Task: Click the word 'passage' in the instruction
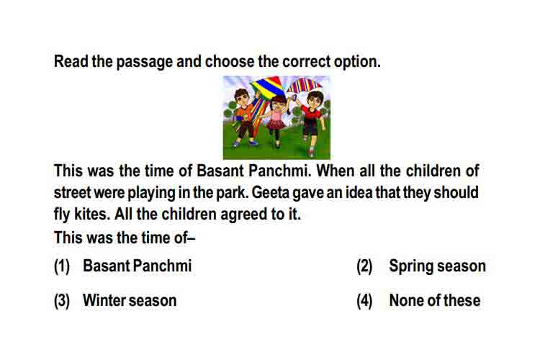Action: point(144,63)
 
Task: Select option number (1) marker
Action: point(62,266)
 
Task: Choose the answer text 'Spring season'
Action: point(437,266)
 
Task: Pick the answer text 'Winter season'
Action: point(130,300)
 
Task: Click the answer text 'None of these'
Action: point(435,300)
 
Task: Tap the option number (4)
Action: point(364,301)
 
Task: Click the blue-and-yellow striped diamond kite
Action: point(267,87)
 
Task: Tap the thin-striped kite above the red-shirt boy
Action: point(304,86)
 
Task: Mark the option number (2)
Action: point(364,266)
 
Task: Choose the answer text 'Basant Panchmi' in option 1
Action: point(137,266)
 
